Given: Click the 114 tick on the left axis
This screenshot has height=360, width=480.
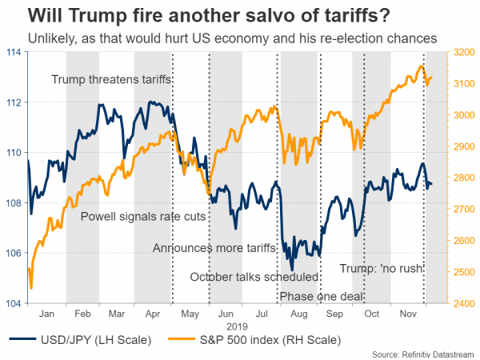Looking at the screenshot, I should coord(15,52).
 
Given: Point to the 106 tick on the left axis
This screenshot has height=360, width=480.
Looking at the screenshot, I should coord(15,254).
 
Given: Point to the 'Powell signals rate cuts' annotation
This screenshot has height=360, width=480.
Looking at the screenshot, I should coord(144,216).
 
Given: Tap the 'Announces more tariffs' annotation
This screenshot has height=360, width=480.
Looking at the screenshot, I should coord(214,248).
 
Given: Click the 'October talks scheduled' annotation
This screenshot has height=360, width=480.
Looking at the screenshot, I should coord(254,278).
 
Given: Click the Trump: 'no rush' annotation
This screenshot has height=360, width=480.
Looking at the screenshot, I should coord(381,268).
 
